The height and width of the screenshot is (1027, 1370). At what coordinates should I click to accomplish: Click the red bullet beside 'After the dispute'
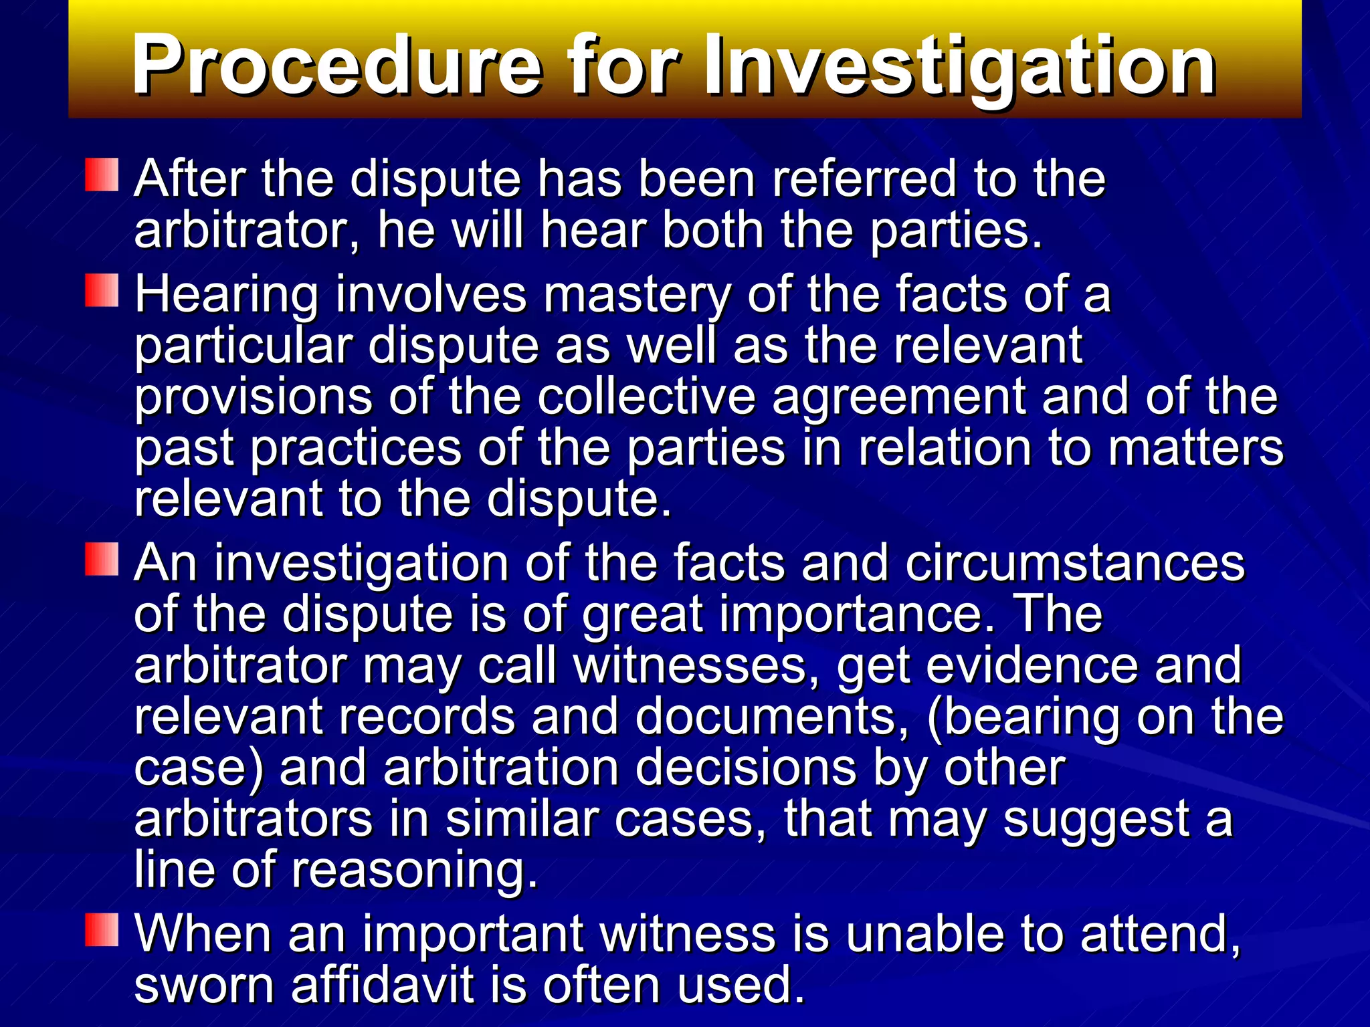102,175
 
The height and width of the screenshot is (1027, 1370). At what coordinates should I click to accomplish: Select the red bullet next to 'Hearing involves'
102,290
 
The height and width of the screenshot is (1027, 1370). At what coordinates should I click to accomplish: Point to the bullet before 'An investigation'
102,559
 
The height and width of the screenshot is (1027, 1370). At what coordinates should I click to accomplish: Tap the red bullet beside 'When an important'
102,930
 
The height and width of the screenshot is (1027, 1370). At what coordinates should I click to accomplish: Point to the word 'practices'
356,449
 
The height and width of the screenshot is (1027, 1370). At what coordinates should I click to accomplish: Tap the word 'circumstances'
1074,564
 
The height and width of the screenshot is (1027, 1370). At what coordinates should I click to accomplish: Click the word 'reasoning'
414,871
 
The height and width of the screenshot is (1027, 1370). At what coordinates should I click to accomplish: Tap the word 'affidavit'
382,985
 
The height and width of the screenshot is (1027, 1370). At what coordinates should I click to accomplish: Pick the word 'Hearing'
227,296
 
